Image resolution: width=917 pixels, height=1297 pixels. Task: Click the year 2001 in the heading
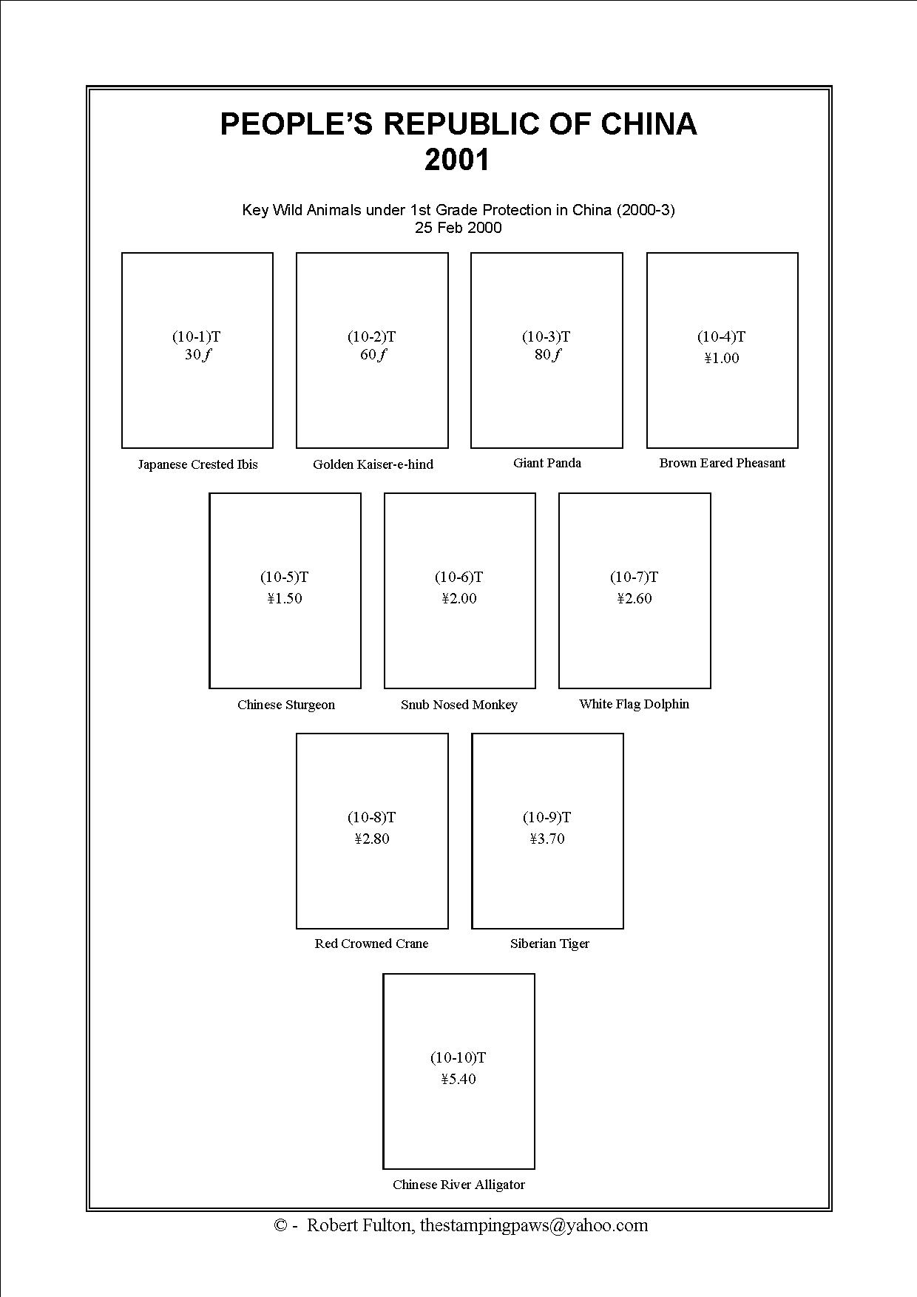[458, 160]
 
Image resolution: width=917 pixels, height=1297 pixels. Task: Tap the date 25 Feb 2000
[458, 228]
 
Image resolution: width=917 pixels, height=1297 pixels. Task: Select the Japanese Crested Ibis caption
[197, 464]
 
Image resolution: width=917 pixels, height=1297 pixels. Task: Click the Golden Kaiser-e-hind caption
[373, 464]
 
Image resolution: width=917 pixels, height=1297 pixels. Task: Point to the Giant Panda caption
[547, 463]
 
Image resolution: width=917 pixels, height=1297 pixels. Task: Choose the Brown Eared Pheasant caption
[722, 463]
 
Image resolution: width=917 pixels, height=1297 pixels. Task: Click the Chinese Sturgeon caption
[285, 705]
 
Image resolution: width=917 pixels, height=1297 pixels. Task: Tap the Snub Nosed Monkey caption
[458, 705]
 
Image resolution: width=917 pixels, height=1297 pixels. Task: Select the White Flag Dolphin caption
[634, 704]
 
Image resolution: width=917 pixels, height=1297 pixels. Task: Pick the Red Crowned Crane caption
[371, 944]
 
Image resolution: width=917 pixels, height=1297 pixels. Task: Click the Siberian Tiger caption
[549, 944]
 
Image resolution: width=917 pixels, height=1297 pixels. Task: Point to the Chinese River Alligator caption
[458, 1185]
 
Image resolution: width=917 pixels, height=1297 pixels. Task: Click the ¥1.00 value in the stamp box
[722, 359]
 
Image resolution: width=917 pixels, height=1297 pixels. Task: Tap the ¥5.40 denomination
[458, 1080]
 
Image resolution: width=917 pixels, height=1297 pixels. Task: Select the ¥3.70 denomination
[547, 839]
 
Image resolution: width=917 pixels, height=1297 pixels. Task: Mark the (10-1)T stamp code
[197, 337]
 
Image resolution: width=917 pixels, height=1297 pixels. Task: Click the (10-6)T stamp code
[458, 578]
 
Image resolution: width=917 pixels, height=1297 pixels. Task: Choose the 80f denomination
[547, 355]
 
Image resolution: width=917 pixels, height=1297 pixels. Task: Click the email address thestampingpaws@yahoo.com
[534, 1225]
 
